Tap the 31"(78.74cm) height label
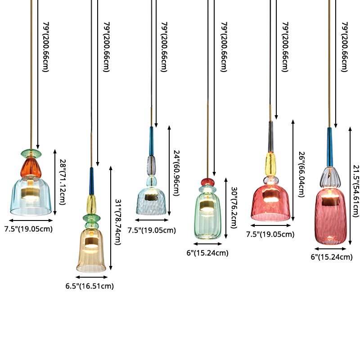118,218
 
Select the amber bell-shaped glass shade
92,249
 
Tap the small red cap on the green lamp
207,182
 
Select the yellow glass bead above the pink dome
270,162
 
